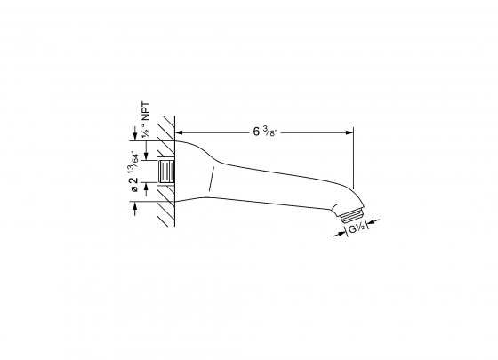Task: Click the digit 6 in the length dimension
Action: coord(256,132)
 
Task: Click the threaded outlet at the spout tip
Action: coord(352,214)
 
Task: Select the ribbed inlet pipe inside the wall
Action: coord(165,171)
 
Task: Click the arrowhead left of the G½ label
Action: coord(342,231)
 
